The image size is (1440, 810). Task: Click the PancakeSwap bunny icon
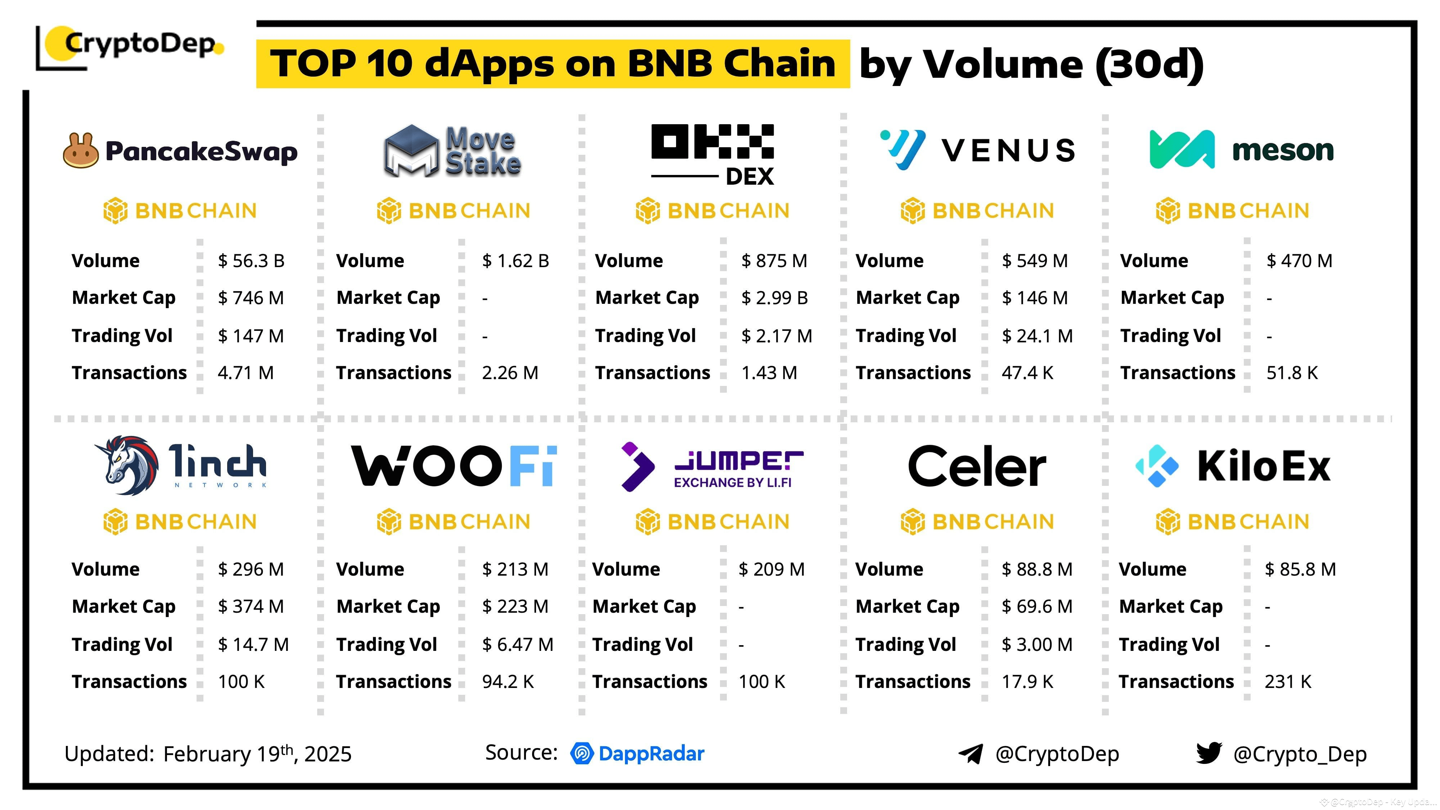pos(81,150)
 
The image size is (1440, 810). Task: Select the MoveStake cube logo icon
pos(411,151)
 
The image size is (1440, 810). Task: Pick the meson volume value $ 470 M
pos(1299,261)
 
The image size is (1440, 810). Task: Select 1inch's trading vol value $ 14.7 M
pos(253,644)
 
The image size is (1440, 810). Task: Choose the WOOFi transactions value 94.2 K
pos(508,682)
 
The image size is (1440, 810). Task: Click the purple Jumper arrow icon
pos(637,467)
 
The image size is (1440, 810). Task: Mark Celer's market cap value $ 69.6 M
pos(1037,607)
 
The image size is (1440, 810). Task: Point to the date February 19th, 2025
pos(257,754)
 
